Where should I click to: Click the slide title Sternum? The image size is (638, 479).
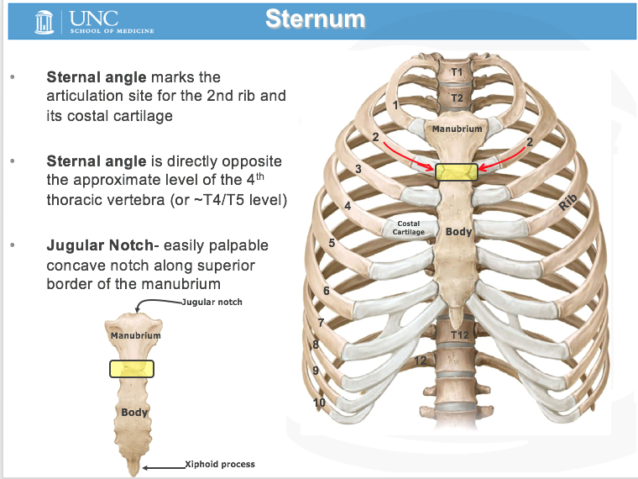pyautogui.click(x=315, y=18)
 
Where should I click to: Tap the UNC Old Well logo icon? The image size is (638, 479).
pyautogui.click(x=44, y=21)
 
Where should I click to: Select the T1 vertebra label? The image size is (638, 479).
pyautogui.click(x=457, y=72)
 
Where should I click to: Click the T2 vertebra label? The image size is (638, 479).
pyautogui.click(x=457, y=98)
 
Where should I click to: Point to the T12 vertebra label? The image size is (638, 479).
pyautogui.click(x=459, y=335)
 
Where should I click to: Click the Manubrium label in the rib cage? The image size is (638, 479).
pyautogui.click(x=458, y=129)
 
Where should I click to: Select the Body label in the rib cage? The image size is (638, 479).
pyautogui.click(x=458, y=231)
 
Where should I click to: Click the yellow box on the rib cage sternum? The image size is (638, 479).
pyautogui.click(x=457, y=171)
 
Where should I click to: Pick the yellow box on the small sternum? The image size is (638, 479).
pyautogui.click(x=132, y=368)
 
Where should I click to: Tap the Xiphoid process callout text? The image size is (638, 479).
pyautogui.click(x=220, y=464)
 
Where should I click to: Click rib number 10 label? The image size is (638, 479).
pyautogui.click(x=319, y=403)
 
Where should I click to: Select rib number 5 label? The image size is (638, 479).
pyautogui.click(x=332, y=243)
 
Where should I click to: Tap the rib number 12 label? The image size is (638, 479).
pyautogui.click(x=420, y=361)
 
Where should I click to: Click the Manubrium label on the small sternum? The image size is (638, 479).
pyautogui.click(x=135, y=335)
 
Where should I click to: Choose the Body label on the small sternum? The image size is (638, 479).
pyautogui.click(x=134, y=413)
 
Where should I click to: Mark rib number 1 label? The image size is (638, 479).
pyautogui.click(x=395, y=106)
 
